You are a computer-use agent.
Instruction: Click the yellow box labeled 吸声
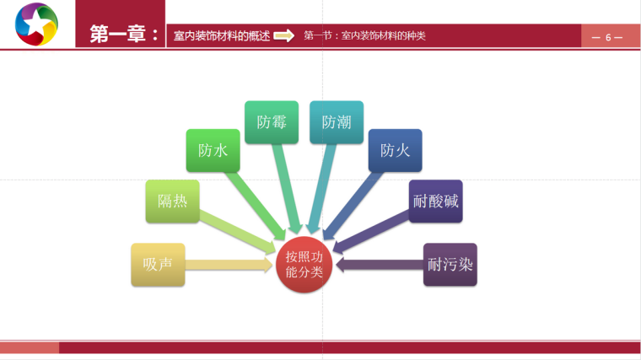(x=158, y=264)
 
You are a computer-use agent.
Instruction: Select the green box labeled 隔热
(x=172, y=201)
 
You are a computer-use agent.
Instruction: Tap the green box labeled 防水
(x=213, y=151)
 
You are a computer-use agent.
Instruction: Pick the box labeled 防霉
(x=272, y=122)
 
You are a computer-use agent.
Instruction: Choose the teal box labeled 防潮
(x=337, y=122)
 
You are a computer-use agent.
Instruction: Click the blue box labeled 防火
(x=395, y=151)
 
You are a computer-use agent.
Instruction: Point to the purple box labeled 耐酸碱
(x=436, y=201)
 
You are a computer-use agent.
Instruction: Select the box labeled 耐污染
(x=450, y=264)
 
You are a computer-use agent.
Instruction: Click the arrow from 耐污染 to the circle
(x=380, y=265)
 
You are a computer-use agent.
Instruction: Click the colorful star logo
(x=36, y=25)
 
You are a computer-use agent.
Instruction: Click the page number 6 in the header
(x=607, y=37)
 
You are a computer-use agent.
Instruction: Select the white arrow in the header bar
(x=284, y=35)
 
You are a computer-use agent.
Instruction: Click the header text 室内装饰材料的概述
(x=221, y=35)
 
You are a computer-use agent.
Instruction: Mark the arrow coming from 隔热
(x=240, y=233)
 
